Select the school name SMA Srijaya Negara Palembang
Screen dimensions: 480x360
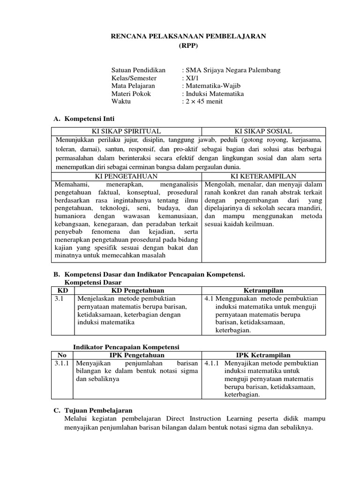pos(232,70)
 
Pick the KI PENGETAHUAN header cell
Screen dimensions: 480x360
pos(127,176)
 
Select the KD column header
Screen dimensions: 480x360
pos(62,291)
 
